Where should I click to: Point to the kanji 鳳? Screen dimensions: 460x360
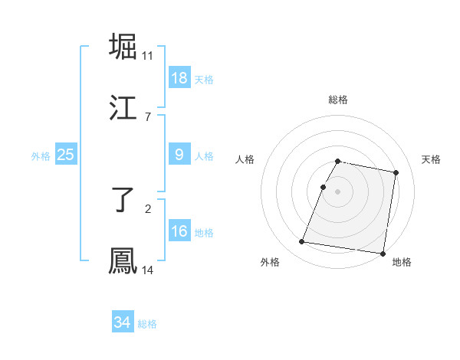[x=123, y=261]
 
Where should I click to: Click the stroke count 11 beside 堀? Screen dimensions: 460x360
[x=148, y=56]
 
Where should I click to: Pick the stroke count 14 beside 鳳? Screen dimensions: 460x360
[x=148, y=270]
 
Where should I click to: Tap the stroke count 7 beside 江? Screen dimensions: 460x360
[x=148, y=117]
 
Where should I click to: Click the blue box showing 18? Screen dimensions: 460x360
[x=179, y=78]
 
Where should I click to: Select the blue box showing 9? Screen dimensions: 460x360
[x=179, y=155]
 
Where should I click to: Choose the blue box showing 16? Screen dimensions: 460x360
[x=179, y=231]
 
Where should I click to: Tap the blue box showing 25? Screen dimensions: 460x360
[x=65, y=155]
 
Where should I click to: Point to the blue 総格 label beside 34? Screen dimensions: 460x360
[x=147, y=324]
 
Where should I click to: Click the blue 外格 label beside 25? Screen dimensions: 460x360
[x=41, y=155]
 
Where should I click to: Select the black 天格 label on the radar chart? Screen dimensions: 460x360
[x=432, y=159]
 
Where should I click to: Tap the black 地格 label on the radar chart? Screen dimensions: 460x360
[x=402, y=263]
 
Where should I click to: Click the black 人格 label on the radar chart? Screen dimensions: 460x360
[x=245, y=159]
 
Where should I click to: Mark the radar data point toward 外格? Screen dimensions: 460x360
[x=302, y=242]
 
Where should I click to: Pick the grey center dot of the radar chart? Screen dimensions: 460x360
[x=337, y=191]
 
